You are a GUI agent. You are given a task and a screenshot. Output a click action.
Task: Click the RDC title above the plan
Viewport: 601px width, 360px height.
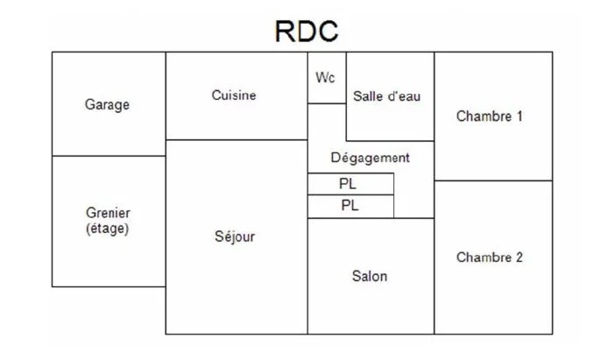tap(307, 31)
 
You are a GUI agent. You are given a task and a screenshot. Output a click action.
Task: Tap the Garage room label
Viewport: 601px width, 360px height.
tap(107, 104)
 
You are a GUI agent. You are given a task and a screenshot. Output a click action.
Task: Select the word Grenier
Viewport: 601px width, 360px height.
tap(108, 213)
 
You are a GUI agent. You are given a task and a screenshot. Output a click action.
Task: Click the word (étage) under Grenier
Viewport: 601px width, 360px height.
tap(107, 229)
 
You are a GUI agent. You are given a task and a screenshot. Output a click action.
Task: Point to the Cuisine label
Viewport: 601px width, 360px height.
tap(234, 95)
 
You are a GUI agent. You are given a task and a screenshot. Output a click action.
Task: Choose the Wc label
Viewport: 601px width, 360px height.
tap(325, 77)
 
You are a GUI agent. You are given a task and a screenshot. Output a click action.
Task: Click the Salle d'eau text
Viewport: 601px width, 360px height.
tap(386, 95)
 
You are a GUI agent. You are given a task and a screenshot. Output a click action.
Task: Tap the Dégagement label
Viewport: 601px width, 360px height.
tap(370, 158)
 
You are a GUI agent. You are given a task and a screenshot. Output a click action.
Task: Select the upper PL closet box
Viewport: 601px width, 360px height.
tap(350, 184)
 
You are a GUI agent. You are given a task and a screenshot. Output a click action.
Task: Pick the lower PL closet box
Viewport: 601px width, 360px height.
tap(350, 207)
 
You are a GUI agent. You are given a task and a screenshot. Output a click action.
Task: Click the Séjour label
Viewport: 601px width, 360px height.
tap(235, 236)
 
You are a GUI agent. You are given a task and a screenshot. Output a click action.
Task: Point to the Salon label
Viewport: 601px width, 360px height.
tap(370, 276)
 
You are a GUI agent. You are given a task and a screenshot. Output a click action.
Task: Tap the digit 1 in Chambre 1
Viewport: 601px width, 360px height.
tap(520, 116)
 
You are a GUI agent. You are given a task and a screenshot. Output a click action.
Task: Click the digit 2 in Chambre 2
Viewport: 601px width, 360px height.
tap(519, 257)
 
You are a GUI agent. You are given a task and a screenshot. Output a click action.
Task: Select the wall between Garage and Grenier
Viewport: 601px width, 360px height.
tap(109, 156)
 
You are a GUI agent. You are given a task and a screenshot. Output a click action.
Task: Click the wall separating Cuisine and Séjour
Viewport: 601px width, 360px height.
tap(237, 140)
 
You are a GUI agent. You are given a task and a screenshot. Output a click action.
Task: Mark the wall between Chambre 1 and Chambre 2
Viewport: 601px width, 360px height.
tap(493, 180)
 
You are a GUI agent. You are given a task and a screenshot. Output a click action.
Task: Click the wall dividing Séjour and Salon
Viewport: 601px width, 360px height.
tap(308, 276)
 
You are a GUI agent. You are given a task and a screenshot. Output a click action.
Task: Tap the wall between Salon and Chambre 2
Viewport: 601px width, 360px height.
tap(435, 276)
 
